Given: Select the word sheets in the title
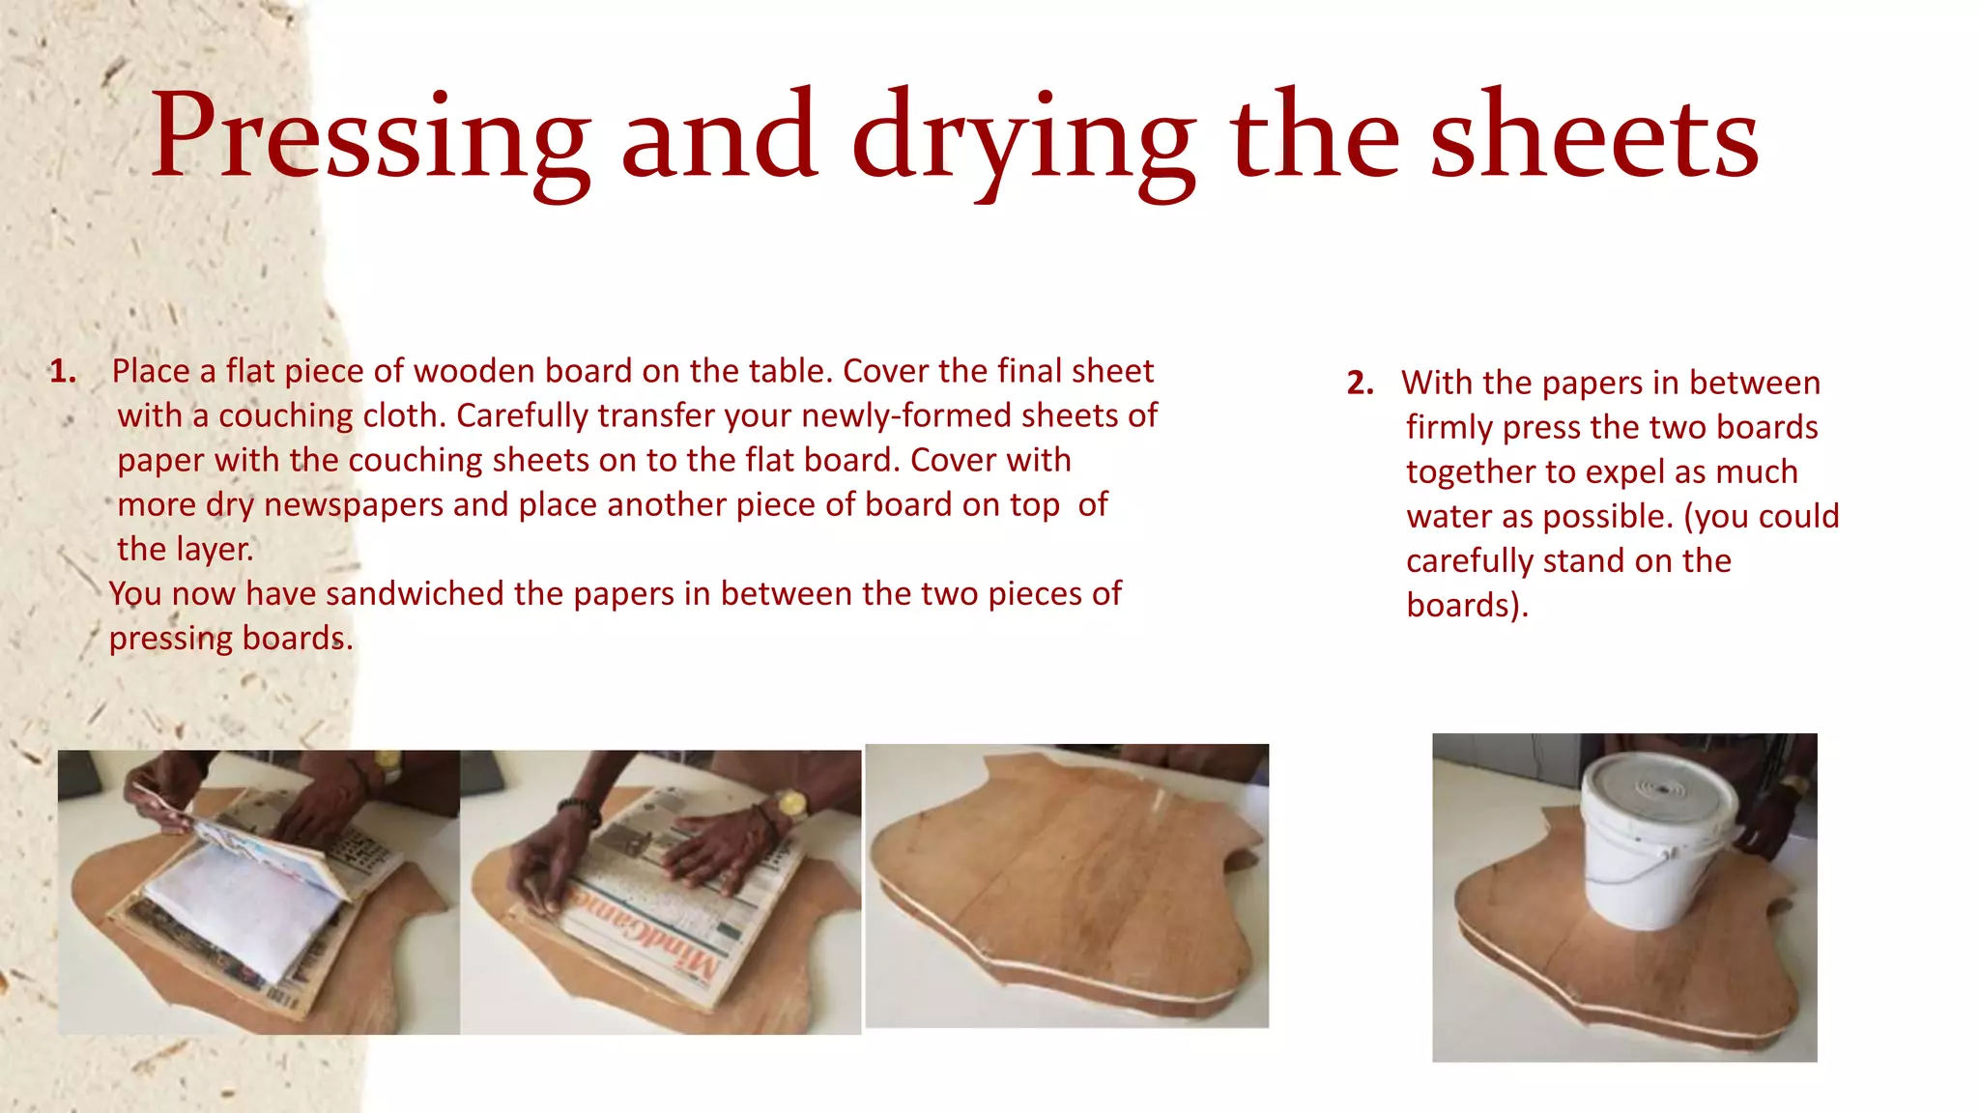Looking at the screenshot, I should (1593, 137).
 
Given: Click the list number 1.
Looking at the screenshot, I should (63, 372).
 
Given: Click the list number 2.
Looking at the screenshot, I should (1360, 384).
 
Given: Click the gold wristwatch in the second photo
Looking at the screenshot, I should (790, 804).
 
